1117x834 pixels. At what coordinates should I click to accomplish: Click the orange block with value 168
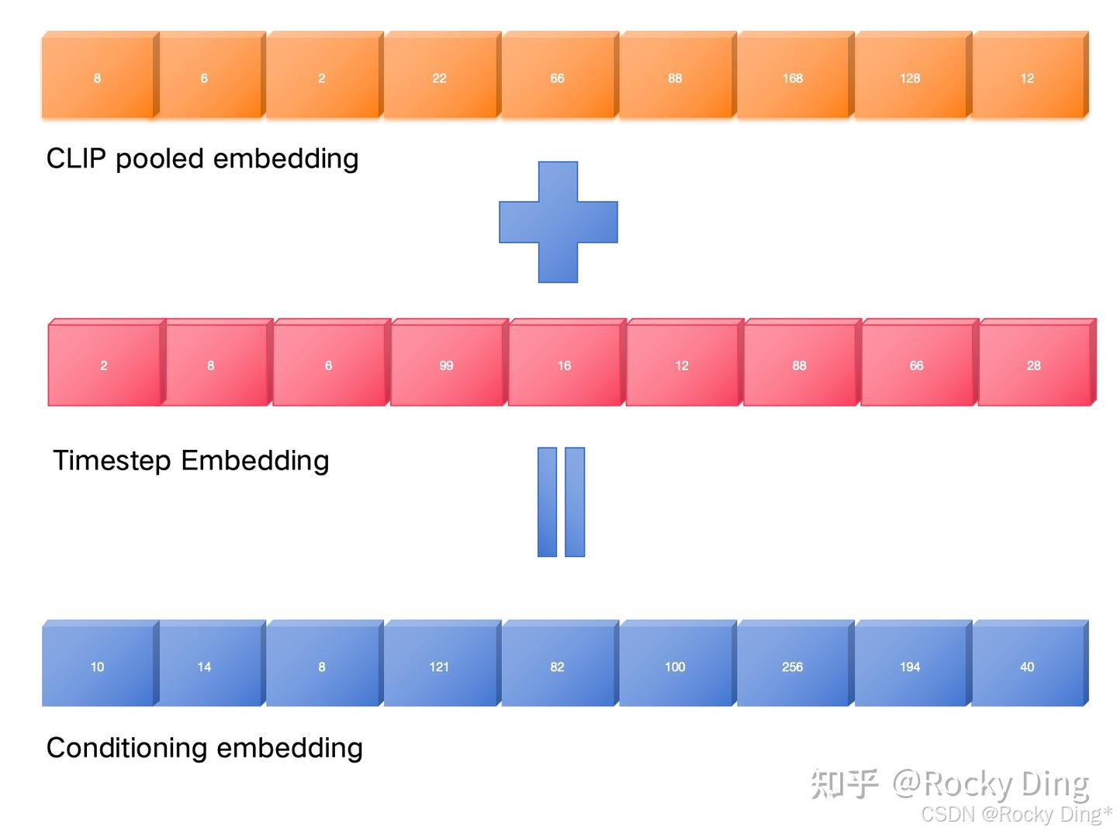[793, 78]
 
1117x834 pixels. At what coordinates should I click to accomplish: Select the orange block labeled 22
[440, 78]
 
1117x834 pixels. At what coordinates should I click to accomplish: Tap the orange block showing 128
[910, 78]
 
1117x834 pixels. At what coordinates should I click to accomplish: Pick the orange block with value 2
[322, 78]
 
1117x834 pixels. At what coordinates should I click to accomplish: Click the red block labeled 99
[446, 365]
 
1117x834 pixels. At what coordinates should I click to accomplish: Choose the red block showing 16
[564, 365]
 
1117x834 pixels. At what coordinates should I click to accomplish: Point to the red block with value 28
[1033, 365]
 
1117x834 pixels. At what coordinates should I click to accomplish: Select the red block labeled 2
[104, 365]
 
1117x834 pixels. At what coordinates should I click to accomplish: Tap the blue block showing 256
[793, 666]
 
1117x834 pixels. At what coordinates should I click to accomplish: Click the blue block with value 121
[440, 666]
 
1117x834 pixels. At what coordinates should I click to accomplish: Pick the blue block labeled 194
[910, 666]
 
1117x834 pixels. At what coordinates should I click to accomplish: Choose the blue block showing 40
[1027, 666]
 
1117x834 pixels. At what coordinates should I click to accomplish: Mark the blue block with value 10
[98, 666]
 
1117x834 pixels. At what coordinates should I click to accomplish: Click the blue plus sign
[558, 222]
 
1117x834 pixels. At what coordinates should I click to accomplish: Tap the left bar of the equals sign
[547, 502]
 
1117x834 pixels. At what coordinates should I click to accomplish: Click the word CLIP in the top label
[76, 158]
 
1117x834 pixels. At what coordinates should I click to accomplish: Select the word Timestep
[112, 461]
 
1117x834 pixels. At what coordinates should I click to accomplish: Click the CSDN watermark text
[947, 814]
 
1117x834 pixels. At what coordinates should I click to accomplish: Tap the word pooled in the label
[160, 159]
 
